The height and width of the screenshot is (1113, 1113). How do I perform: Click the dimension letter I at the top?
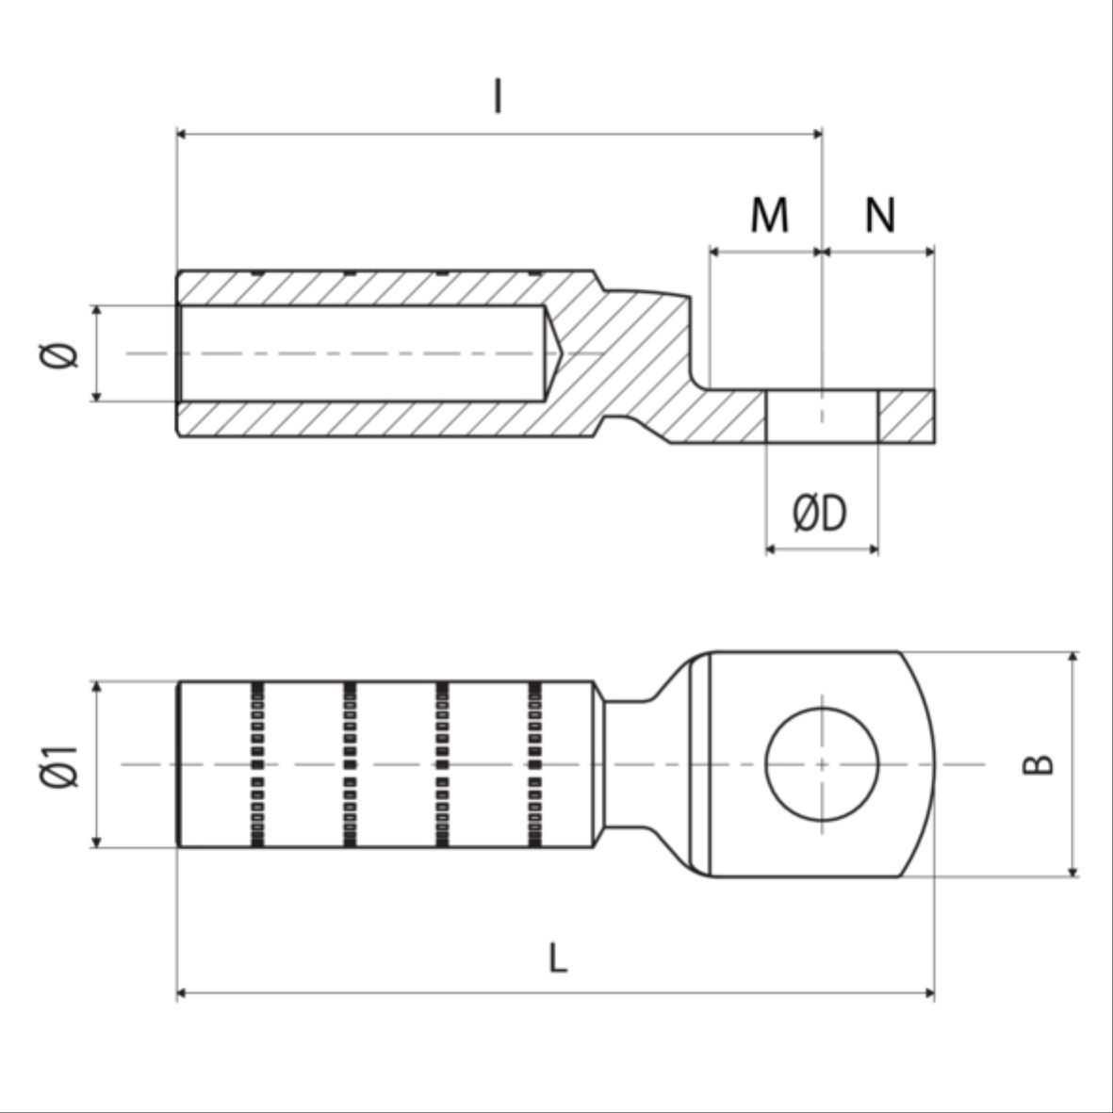(x=498, y=96)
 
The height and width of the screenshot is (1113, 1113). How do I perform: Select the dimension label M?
(x=769, y=214)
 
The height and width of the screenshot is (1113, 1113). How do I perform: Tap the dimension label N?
(x=880, y=214)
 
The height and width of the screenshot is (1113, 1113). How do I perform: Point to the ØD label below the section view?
(x=820, y=513)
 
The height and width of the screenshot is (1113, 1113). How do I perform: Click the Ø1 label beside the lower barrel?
(x=59, y=766)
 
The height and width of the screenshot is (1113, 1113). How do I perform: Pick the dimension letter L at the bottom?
(x=558, y=958)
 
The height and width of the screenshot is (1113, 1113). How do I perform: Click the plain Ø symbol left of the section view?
(x=59, y=355)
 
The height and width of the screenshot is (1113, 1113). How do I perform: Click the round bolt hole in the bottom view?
(x=822, y=763)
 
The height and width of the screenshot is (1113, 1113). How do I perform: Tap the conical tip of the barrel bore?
(x=554, y=352)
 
